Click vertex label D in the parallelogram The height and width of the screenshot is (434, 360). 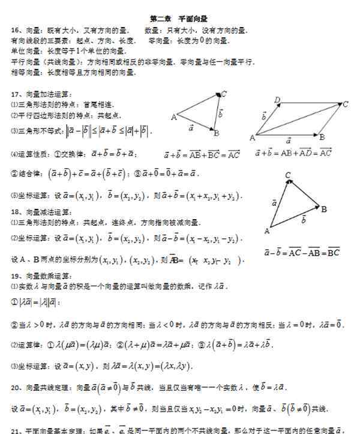(x=277, y=100)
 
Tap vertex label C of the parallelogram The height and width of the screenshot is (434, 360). (x=346, y=104)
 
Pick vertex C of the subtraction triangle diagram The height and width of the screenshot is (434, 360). (x=288, y=176)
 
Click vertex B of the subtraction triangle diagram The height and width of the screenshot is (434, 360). (x=323, y=209)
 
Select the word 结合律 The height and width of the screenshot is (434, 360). (x=30, y=174)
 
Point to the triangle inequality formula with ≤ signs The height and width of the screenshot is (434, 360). (x=108, y=131)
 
